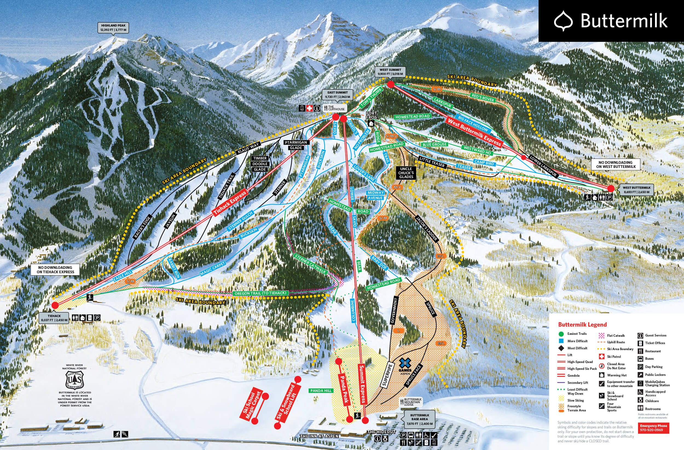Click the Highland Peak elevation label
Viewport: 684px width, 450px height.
click(113, 28)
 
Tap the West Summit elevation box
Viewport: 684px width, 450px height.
click(390, 72)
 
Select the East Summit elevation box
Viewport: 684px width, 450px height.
click(337, 95)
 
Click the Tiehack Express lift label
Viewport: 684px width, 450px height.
click(230, 203)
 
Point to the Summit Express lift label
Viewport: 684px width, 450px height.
click(363, 384)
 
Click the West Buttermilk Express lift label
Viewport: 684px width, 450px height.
click(474, 133)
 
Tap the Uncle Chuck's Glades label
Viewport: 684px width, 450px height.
click(406, 173)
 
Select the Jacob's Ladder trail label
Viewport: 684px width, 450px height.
click(427, 228)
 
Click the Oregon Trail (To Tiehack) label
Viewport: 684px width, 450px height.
click(260, 293)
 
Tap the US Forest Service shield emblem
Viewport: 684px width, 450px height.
click(74, 380)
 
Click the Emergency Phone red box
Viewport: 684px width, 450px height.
click(653, 428)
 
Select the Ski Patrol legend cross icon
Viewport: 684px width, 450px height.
click(602, 357)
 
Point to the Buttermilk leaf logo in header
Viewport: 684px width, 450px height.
click(563, 21)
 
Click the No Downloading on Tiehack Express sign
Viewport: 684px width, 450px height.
click(55, 269)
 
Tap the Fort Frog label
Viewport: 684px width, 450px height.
click(371, 115)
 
